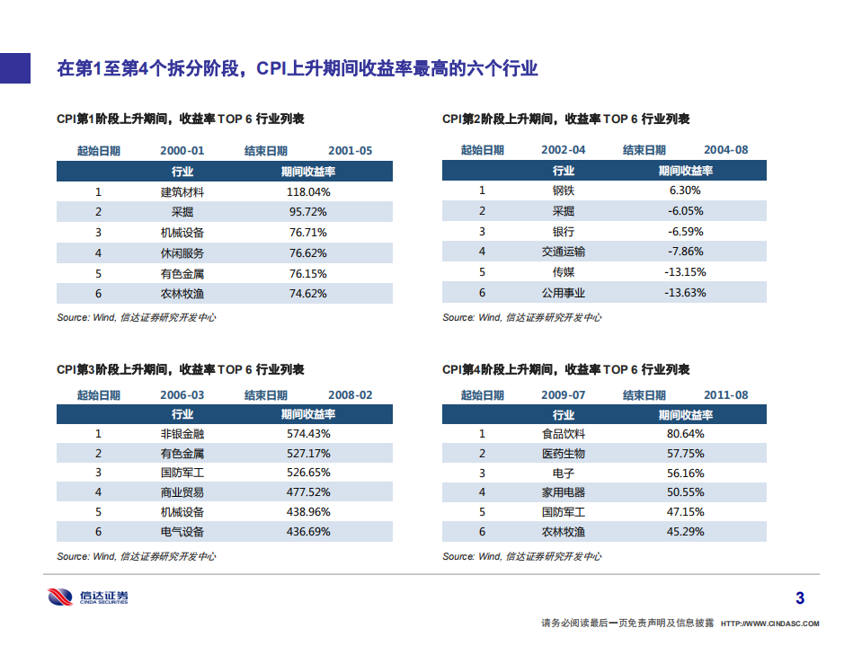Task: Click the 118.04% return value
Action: [x=308, y=191]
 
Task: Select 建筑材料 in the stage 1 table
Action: [x=182, y=191]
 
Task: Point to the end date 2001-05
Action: [x=351, y=151]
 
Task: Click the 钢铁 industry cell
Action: [x=564, y=190]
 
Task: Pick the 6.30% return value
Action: [x=685, y=190]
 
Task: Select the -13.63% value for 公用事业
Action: [x=685, y=293]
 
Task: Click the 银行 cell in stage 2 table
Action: [x=564, y=231]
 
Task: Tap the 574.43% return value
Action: [x=308, y=433]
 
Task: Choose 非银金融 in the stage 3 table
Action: [x=182, y=433]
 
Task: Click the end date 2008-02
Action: [x=351, y=395]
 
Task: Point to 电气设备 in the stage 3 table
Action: [x=182, y=532]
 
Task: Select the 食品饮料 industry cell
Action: [x=564, y=433]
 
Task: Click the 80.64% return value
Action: [x=685, y=433]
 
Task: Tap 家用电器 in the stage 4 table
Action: [x=564, y=492]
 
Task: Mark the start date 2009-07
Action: [x=564, y=395]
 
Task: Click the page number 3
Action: [x=800, y=598]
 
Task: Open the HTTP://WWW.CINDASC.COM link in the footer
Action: [x=771, y=623]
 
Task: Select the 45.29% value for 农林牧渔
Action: [x=685, y=532]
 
